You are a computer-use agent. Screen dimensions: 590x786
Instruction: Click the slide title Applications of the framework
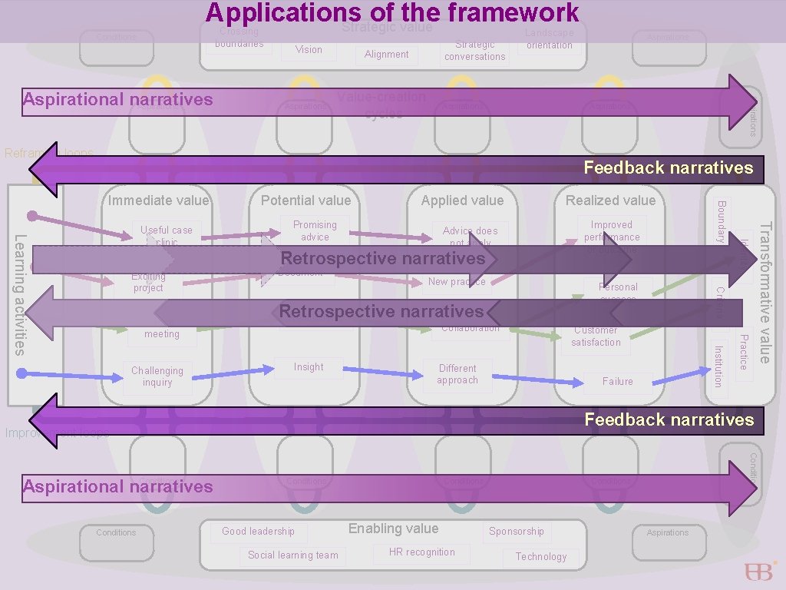(x=392, y=13)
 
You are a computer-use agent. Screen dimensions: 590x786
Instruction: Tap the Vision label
(x=309, y=50)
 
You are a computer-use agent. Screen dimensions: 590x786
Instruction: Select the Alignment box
(x=387, y=55)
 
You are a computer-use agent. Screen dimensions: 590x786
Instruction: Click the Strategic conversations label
(x=475, y=51)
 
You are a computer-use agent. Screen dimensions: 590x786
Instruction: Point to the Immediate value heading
(x=158, y=201)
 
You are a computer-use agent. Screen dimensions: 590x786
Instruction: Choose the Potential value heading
(x=305, y=201)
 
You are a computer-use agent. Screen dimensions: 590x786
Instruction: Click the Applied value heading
(x=462, y=201)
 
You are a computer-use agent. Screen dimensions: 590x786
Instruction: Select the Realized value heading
(x=610, y=201)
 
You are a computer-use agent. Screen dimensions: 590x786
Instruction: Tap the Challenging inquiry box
(x=157, y=376)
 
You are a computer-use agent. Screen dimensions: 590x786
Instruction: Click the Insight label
(x=309, y=367)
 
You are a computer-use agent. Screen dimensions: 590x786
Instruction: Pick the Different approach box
(x=457, y=374)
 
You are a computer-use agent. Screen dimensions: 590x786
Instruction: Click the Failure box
(x=618, y=381)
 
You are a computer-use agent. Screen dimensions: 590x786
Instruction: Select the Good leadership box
(x=258, y=532)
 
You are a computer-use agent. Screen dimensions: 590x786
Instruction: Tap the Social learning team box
(x=292, y=555)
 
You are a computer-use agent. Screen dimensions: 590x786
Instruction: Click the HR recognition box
(x=421, y=552)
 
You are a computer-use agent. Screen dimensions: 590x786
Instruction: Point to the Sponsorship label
(x=516, y=532)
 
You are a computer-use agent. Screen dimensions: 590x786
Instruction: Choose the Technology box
(x=541, y=557)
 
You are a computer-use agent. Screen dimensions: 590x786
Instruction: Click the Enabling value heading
(x=393, y=529)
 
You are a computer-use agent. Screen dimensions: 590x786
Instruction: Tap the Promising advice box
(x=315, y=230)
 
